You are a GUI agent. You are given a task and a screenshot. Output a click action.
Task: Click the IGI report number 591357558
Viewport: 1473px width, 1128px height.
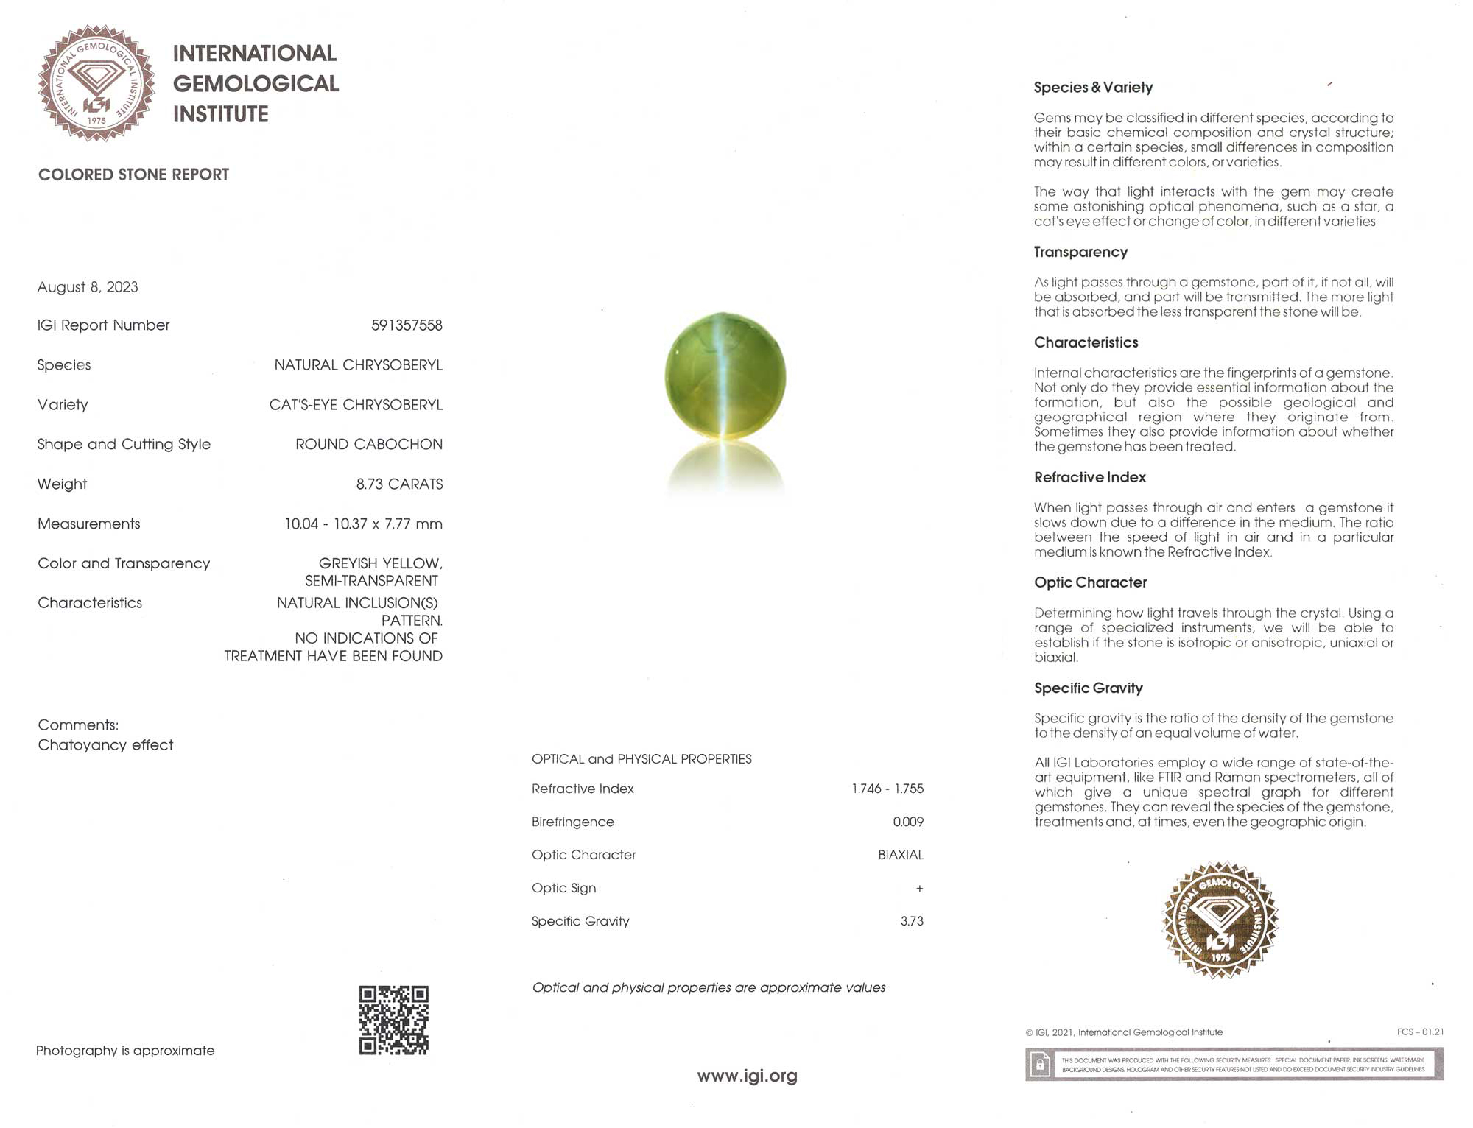tap(407, 325)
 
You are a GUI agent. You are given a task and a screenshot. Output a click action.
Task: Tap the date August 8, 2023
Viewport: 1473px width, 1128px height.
tap(88, 287)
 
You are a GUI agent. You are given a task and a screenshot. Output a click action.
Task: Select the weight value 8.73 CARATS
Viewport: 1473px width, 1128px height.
tap(399, 484)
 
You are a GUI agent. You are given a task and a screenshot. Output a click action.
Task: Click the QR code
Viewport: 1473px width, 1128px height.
tap(393, 1020)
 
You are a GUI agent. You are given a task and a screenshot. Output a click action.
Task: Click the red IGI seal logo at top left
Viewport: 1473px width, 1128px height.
tap(96, 83)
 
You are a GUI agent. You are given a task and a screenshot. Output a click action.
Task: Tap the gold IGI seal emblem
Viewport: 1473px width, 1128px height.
tap(1220, 920)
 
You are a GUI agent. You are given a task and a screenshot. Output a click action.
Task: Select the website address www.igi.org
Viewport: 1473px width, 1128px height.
tap(747, 1076)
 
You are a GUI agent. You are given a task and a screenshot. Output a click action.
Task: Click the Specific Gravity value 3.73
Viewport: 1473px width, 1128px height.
tap(911, 921)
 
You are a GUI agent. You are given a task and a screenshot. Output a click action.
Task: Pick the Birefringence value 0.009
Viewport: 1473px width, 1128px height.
tap(907, 822)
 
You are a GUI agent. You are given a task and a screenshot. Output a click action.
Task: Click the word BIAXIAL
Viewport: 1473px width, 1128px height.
tap(900, 855)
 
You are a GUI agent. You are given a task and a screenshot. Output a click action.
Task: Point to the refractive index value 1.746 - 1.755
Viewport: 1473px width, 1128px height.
tap(887, 789)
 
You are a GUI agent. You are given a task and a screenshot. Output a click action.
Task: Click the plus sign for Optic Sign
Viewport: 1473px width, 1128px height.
tap(919, 889)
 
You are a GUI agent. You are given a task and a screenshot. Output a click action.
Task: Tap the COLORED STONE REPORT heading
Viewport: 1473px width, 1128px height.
tap(133, 175)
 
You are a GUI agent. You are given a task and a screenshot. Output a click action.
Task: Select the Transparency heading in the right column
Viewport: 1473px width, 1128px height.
tap(1080, 252)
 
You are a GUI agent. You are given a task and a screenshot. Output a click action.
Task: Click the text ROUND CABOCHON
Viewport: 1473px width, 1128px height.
tap(369, 445)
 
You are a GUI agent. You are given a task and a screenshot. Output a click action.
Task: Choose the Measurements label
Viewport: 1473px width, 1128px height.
tap(89, 524)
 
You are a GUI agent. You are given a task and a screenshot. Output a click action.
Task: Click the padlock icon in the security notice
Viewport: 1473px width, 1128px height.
tap(1040, 1065)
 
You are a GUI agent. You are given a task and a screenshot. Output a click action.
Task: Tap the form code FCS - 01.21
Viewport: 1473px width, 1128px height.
tap(1419, 1032)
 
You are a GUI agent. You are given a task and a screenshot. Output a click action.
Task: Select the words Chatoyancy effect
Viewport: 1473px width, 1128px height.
tap(105, 745)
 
